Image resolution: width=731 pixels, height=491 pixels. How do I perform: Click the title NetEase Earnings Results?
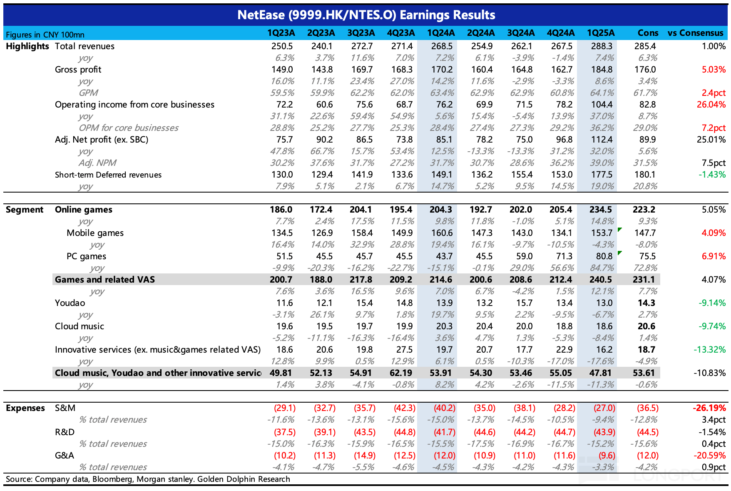point(366,15)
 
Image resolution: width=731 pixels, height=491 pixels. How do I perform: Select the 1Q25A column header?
point(600,33)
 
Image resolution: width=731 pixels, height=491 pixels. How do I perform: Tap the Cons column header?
point(648,33)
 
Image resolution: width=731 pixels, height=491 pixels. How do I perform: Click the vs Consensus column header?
point(695,33)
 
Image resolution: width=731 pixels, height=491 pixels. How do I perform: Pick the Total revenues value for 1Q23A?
point(281,46)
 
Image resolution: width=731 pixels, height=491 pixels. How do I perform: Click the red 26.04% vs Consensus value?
point(711,105)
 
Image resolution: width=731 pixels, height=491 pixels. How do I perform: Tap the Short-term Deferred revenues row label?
point(108,175)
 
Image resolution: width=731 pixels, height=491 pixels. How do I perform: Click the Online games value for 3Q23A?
point(361,210)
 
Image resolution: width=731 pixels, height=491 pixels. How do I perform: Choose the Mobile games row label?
point(95,233)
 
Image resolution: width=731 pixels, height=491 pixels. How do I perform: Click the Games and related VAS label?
point(105,280)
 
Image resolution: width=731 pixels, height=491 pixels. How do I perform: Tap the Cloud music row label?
point(80,326)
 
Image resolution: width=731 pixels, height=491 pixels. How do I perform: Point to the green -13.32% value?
point(709,350)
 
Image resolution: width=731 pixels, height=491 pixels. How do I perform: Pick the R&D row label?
point(65,432)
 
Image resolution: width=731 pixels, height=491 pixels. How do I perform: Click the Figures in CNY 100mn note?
point(45,35)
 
